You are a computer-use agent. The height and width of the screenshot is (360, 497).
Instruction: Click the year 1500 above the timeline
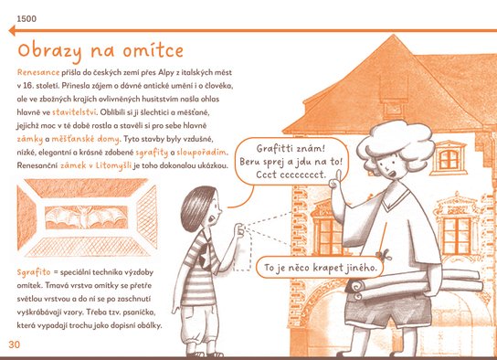coord(26,18)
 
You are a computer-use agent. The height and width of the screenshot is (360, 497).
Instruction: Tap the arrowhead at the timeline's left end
coord(12,31)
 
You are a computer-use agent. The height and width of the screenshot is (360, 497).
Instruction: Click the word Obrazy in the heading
coord(49,51)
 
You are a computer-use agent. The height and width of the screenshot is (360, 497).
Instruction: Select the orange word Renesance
coord(38,72)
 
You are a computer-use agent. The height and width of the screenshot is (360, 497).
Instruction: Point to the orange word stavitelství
coord(74,112)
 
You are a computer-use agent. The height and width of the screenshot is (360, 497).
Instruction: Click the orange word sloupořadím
coord(202,153)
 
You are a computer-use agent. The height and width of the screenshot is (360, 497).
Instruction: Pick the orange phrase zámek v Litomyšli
coord(96,165)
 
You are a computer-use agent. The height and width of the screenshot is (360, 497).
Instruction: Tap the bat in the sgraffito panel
coord(86,217)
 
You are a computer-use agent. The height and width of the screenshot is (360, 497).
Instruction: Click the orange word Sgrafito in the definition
coord(34,272)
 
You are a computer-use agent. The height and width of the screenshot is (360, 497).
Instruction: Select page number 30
coord(15,344)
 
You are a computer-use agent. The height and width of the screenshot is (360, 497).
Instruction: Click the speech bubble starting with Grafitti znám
coord(291,162)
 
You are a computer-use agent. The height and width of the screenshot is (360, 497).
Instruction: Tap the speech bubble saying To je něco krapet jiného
coord(320,268)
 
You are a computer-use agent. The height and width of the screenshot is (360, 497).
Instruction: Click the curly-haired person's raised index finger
coord(339,175)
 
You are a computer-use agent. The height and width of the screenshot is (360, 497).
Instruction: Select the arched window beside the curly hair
coord(449,158)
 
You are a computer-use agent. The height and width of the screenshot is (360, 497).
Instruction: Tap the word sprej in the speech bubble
coord(274,162)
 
